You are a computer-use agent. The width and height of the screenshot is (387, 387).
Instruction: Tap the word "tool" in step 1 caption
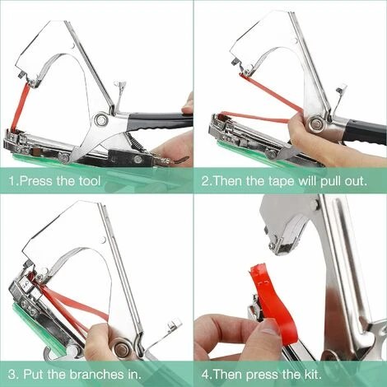pos(89,181)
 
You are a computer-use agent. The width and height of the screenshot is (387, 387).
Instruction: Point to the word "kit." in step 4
pos(311,374)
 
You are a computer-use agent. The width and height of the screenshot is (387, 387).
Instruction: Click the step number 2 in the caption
pos(205,181)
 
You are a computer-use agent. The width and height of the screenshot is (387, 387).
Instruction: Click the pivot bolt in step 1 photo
pos(102,119)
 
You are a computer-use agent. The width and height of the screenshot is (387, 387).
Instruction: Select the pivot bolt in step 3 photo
pos(122,348)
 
